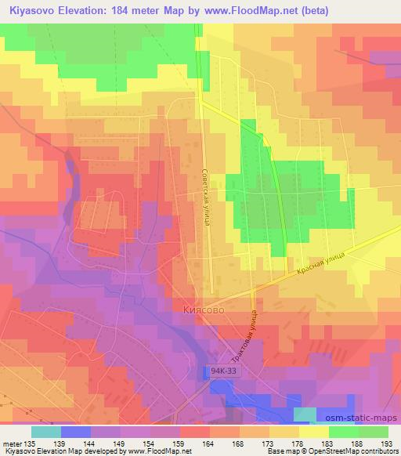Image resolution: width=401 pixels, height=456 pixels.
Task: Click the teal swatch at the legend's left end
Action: (x=45, y=432)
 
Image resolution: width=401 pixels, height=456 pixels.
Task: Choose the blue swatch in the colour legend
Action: (x=75, y=432)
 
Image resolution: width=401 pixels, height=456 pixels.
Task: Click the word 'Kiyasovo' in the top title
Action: (x=29, y=10)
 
